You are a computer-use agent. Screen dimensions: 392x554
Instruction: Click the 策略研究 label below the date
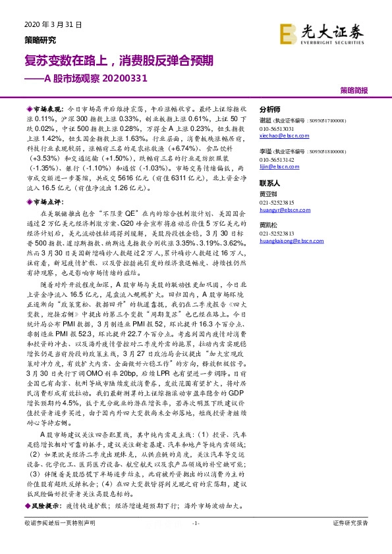(x=40, y=39)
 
